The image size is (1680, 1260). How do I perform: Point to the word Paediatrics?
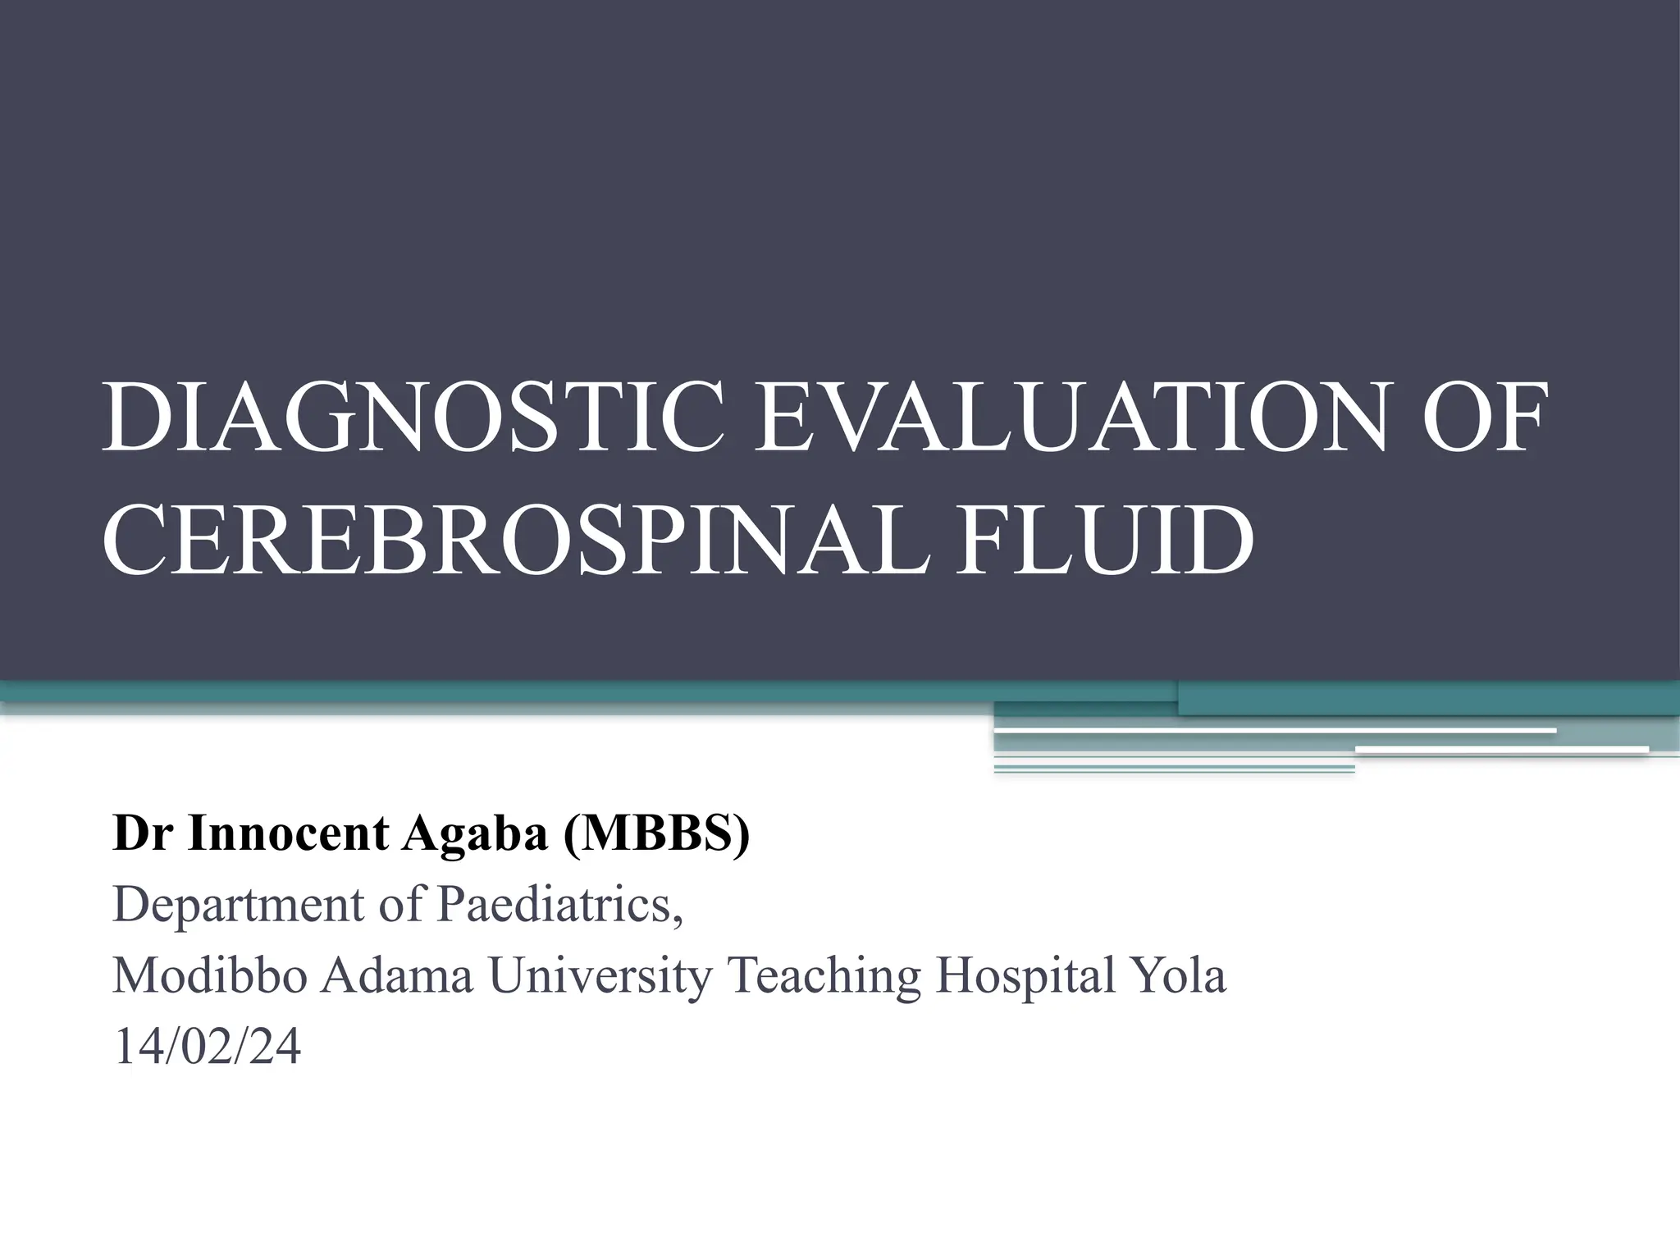coord(555,904)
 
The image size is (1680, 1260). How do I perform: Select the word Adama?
coord(398,976)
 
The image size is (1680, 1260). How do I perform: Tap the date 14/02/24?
coord(208,1048)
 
